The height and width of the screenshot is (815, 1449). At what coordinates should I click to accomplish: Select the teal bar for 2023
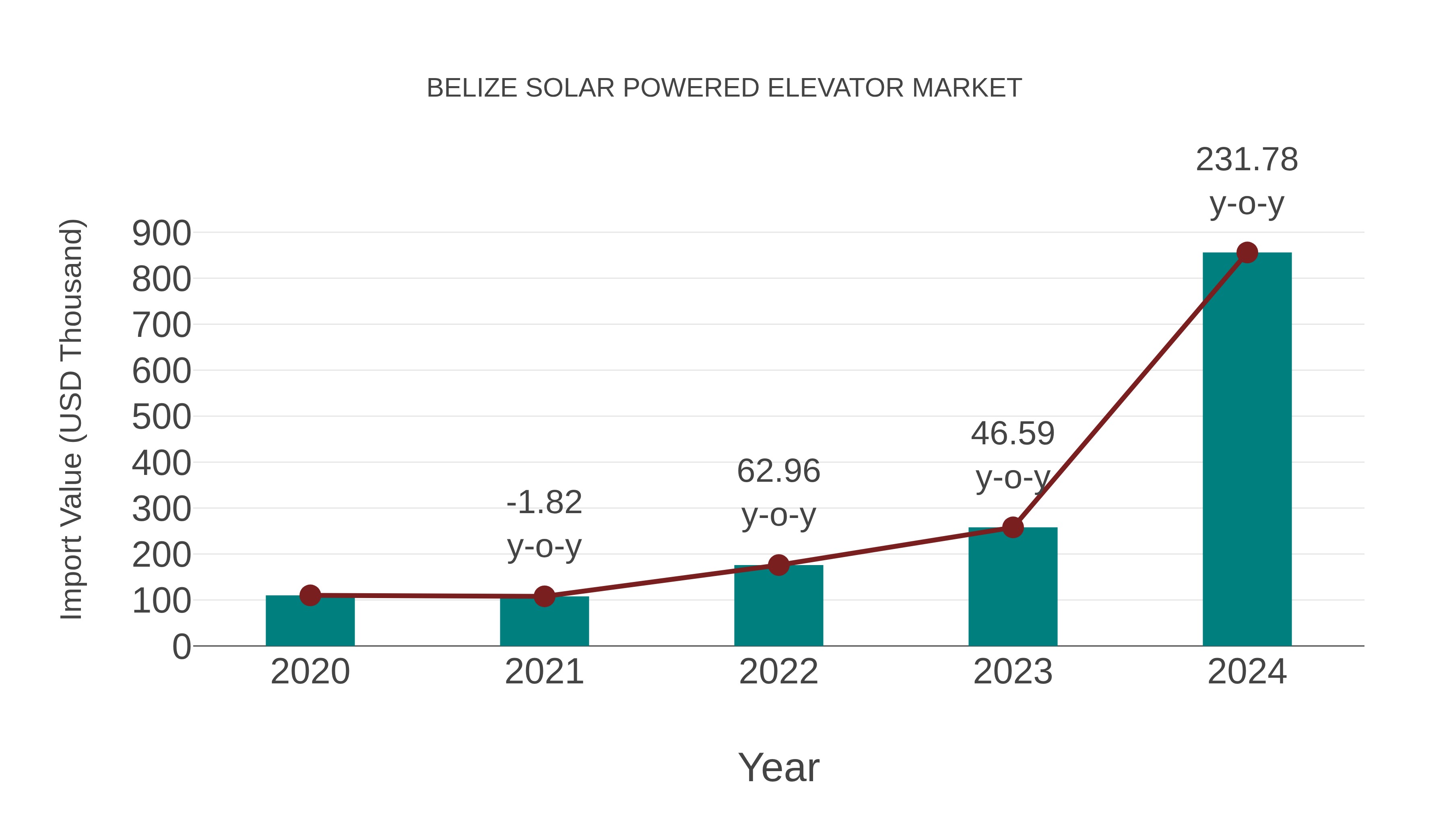pos(1013,590)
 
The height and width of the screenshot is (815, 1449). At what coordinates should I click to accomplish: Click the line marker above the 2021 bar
pos(544,596)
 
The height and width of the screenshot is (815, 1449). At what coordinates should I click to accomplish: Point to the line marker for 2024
pos(1247,252)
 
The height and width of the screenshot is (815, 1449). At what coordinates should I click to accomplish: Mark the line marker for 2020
pos(310,595)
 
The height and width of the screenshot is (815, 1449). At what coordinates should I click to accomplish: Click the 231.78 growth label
pos(1247,160)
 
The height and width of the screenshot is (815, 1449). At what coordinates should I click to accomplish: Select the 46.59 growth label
pos(1013,433)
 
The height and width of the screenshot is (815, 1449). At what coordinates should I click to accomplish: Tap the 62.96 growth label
pos(778,471)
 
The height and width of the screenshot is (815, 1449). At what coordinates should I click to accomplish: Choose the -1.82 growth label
pos(544,502)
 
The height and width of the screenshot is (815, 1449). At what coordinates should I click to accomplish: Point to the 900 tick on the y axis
pos(161,233)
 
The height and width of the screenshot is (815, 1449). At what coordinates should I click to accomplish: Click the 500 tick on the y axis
pos(161,417)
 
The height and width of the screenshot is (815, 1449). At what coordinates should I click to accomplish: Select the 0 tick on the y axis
pos(181,647)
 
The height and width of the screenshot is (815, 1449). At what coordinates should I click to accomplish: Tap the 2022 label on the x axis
pos(778,672)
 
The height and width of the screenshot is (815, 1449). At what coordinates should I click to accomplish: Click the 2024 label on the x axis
pos(1247,672)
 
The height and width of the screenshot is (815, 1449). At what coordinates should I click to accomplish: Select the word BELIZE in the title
pos(472,88)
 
